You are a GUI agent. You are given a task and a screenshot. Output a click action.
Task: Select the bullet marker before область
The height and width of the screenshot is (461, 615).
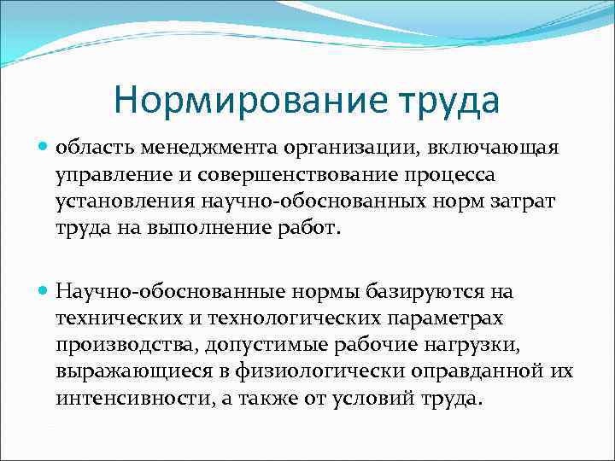click(x=44, y=148)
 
